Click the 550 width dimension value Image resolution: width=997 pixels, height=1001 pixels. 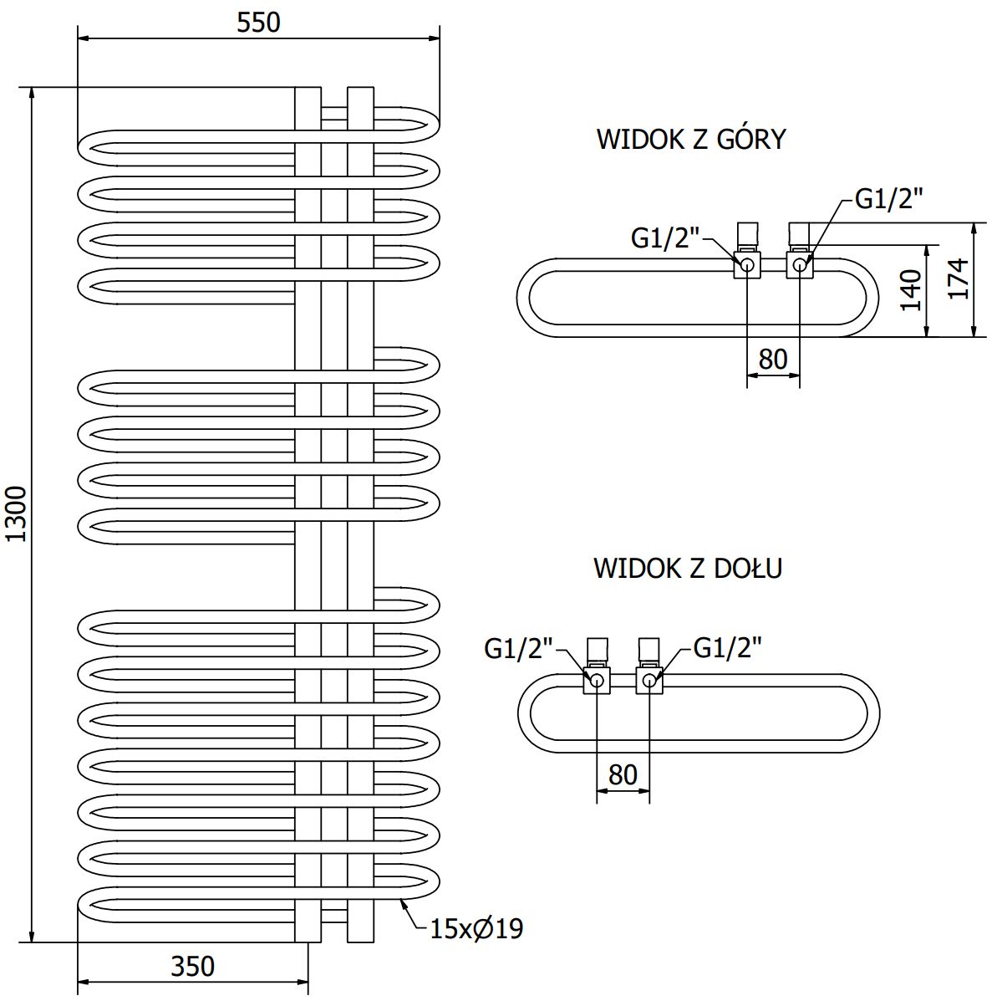[x=258, y=23]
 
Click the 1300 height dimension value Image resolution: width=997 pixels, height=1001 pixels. [x=16, y=513]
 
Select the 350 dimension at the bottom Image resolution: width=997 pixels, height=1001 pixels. [x=193, y=967]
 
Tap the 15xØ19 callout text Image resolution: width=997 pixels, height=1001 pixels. [x=476, y=928]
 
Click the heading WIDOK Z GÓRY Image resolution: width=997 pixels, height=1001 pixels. [x=691, y=139]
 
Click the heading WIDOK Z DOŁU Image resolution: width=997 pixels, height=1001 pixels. [x=688, y=569]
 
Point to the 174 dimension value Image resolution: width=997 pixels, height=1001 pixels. [x=959, y=279]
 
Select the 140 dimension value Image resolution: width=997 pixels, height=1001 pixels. [x=911, y=290]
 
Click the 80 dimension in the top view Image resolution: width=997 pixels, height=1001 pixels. [x=773, y=360]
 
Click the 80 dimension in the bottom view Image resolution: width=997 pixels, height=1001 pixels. [x=623, y=775]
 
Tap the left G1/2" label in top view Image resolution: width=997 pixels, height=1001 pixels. [x=665, y=238]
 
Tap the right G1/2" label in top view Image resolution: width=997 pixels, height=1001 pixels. [x=889, y=199]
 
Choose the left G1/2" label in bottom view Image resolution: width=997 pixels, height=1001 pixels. [x=519, y=648]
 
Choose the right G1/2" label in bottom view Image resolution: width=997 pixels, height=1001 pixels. [x=728, y=648]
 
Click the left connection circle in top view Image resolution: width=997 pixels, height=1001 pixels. [x=747, y=266]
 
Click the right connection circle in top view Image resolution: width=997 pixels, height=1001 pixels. [x=800, y=266]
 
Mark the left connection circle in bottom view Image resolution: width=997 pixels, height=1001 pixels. [x=597, y=680]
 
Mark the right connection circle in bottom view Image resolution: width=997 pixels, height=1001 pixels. [x=649, y=680]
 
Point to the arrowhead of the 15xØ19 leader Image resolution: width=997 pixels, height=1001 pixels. [x=403, y=901]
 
